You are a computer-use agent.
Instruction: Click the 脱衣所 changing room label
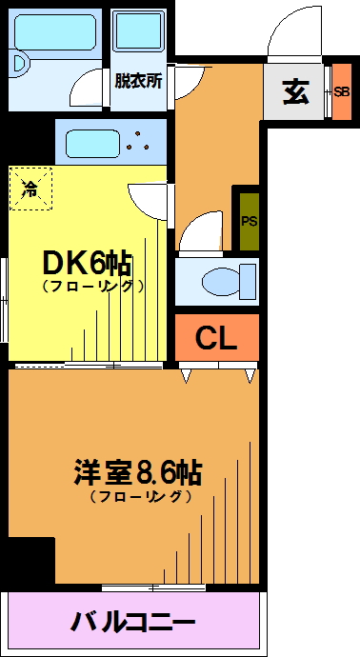138,80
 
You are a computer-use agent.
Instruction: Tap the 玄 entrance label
296,91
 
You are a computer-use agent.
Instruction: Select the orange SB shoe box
342,91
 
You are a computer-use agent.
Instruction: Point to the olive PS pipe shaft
249,221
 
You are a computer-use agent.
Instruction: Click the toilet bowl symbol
229,282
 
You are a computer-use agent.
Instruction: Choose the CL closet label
217,339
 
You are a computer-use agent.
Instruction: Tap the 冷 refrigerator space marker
30,189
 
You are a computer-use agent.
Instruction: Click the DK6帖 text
88,264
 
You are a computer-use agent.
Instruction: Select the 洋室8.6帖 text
138,472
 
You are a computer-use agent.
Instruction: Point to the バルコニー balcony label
133,622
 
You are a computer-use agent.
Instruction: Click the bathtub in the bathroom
55,32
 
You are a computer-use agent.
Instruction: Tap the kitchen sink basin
93,143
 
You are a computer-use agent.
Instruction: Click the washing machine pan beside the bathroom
139,31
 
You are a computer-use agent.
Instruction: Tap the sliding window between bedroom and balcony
153,587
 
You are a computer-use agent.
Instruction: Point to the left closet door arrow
186,376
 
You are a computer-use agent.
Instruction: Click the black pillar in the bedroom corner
31,560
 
